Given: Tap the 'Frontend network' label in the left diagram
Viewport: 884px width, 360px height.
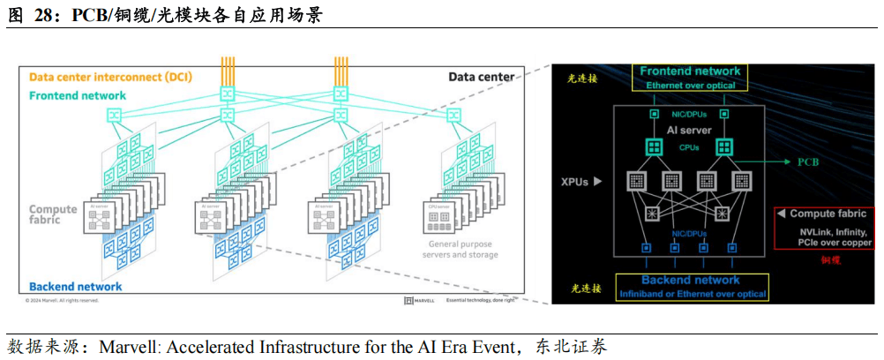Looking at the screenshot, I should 78,95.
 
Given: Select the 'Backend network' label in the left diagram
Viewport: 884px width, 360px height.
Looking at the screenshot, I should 76,287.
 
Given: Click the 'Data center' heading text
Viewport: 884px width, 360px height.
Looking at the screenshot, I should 481,78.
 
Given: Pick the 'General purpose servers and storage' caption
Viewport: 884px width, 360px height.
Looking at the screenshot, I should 463,249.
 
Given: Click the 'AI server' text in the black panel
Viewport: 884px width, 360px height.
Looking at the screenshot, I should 689,131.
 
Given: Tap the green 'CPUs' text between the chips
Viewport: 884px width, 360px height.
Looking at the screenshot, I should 689,148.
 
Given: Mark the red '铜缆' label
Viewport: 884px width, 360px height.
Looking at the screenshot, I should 831,260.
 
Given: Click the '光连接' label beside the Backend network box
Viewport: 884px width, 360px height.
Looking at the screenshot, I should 585,288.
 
